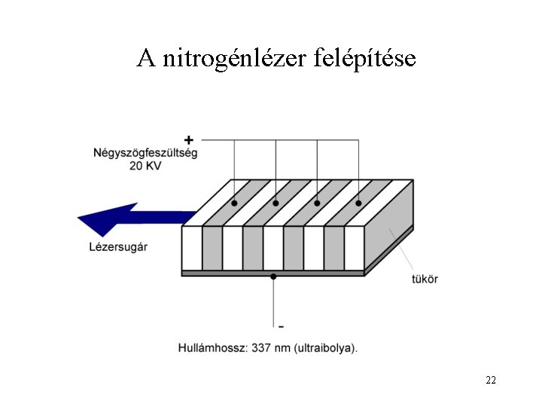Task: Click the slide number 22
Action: point(491,380)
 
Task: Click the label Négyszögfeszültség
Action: point(145,152)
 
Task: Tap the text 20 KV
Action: point(145,166)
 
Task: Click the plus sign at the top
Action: point(188,139)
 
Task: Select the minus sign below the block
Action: point(281,326)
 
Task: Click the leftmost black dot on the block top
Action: point(234,203)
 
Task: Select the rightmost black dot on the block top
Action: point(358,203)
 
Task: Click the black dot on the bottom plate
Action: point(273,277)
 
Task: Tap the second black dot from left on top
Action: point(276,203)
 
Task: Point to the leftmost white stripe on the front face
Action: point(192,248)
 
